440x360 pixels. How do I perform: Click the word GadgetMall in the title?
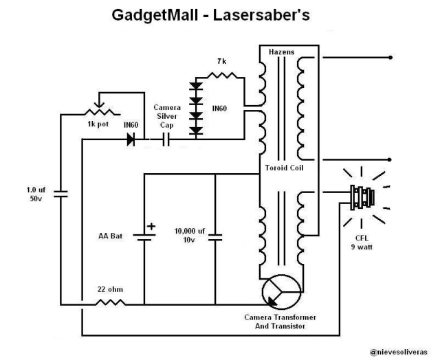tap(155, 16)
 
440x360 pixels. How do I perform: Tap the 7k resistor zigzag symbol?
tap(221, 75)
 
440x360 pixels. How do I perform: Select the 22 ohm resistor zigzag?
tap(110, 302)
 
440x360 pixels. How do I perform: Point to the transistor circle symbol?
tap(281, 291)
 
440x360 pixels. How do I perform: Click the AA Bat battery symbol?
tap(144, 238)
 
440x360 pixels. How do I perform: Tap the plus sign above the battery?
tap(151, 226)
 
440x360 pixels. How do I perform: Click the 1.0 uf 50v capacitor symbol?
tap(60, 194)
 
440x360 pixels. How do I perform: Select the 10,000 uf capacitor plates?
tap(215, 238)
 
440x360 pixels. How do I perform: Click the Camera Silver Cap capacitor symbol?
tap(166, 139)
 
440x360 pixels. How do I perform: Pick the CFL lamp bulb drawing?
tap(362, 197)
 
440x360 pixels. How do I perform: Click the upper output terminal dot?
tap(390, 58)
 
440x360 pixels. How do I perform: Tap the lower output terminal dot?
tap(390, 160)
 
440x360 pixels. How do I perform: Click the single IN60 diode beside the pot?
tap(131, 139)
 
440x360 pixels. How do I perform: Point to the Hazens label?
tap(281, 52)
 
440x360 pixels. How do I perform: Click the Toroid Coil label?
tap(284, 168)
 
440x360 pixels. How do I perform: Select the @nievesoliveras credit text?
tap(399, 352)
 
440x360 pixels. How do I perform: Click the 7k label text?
tap(221, 61)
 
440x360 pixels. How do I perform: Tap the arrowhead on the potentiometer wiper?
tap(98, 105)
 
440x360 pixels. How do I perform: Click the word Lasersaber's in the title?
tap(261, 16)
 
